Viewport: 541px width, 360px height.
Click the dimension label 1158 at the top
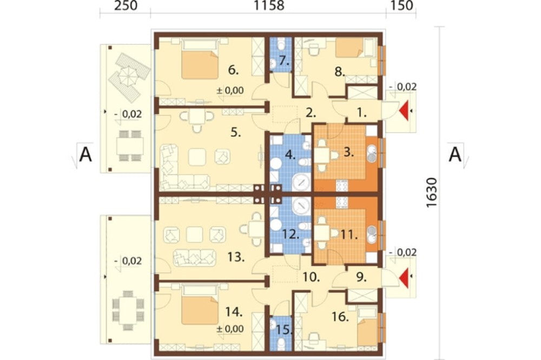(269, 6)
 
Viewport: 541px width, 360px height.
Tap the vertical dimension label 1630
(432, 193)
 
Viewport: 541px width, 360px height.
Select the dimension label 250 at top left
(126, 6)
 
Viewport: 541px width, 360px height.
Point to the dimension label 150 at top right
(403, 6)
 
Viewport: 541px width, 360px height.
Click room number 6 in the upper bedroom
(233, 70)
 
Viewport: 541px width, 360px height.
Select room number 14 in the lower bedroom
(234, 312)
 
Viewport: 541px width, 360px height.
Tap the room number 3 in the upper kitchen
(349, 152)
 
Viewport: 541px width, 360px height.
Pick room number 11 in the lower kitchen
(348, 235)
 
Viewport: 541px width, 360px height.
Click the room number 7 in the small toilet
(284, 61)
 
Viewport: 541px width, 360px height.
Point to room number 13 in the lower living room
(236, 257)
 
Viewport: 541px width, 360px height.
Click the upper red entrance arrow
(404, 110)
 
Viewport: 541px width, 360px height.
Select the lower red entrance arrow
(404, 277)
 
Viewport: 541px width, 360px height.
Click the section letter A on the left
(85, 155)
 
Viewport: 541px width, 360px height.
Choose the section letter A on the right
(455, 154)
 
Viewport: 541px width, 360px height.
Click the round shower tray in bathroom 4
(301, 182)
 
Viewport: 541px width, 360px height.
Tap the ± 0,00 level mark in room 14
(230, 329)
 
